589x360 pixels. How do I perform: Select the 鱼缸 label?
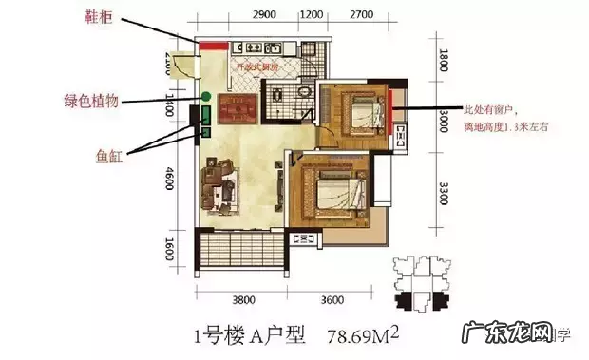click(110, 152)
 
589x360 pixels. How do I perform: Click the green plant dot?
click(205, 96)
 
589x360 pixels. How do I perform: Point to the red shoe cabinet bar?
click(210, 46)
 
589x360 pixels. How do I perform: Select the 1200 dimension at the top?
click(310, 17)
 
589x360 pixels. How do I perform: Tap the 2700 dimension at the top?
click(359, 17)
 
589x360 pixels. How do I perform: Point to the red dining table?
click(238, 110)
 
